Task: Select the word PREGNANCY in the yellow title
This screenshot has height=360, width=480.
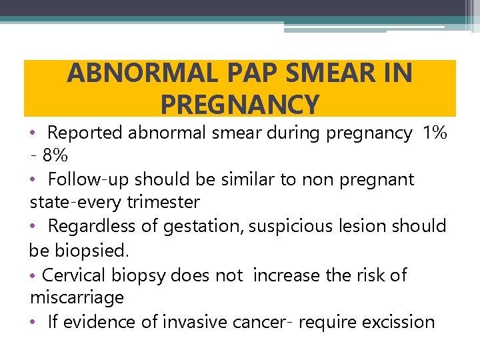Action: [x=240, y=105]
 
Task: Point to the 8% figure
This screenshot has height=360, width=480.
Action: [x=55, y=156]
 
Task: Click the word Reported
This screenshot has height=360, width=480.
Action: [x=85, y=133]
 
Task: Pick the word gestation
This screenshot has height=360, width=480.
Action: [x=203, y=226]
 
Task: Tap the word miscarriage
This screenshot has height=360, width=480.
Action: [x=77, y=297]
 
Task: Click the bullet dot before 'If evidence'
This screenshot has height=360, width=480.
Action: [x=34, y=322]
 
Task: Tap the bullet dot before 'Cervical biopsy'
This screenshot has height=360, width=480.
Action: [x=34, y=275]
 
